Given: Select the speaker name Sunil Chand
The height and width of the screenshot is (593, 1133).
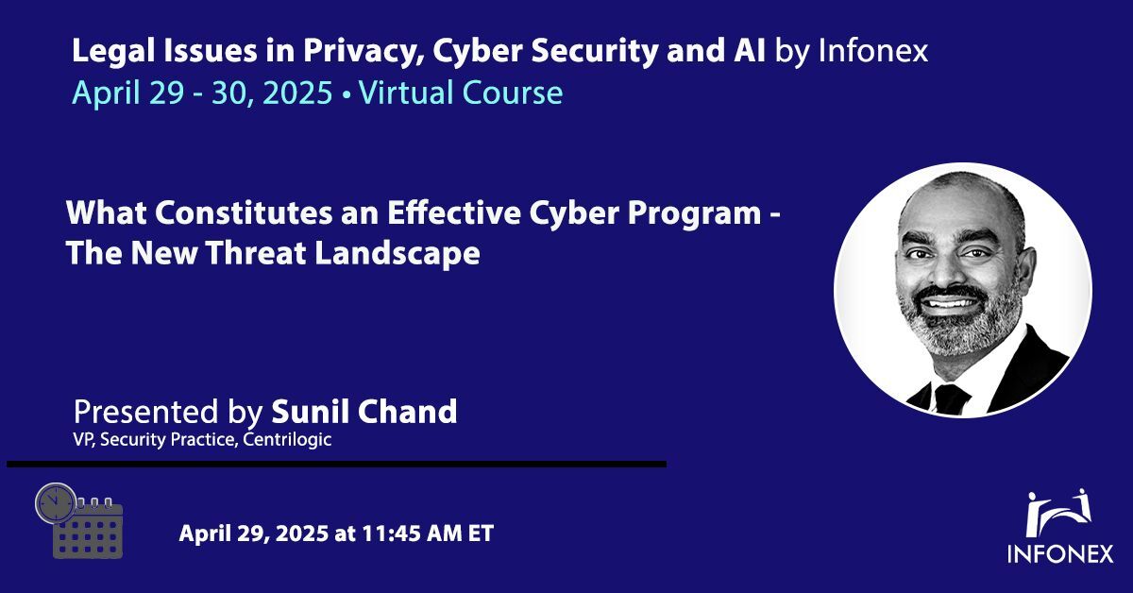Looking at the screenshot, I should pyautogui.click(x=364, y=412).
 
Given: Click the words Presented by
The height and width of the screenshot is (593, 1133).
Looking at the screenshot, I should pyautogui.click(x=169, y=412).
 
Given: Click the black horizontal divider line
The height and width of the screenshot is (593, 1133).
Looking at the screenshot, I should pyautogui.click(x=336, y=465).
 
